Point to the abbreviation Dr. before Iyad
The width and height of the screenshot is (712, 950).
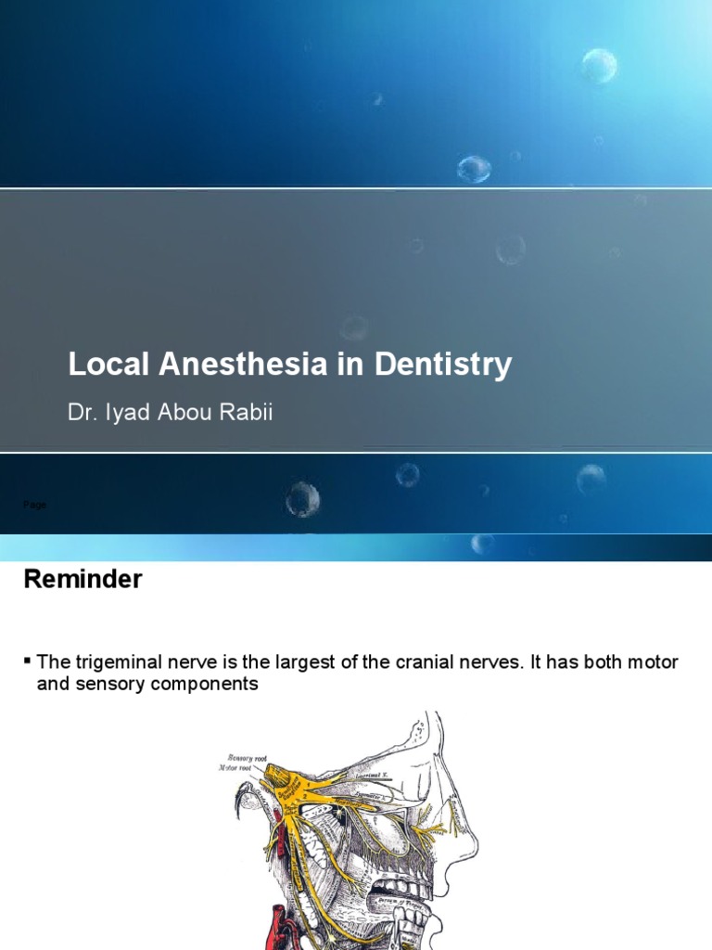coord(82,412)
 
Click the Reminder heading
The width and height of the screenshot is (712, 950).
coord(83,580)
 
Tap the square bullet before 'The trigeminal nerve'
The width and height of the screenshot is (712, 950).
coord(27,660)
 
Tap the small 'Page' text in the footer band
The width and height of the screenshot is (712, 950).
coord(33,505)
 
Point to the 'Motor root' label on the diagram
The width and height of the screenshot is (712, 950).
coord(235,768)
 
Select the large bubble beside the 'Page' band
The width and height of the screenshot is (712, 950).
coord(302,500)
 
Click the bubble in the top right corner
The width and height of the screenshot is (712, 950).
coord(599,65)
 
